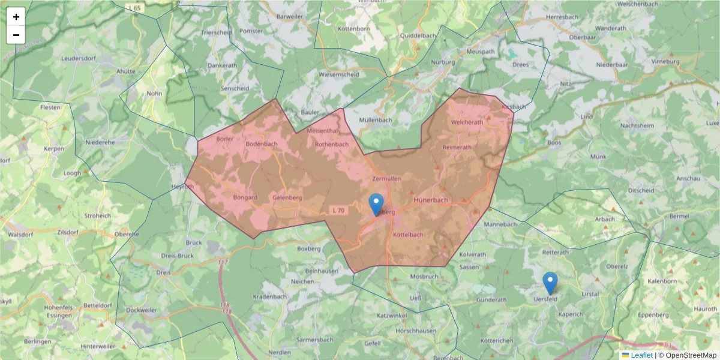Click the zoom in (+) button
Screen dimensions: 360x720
tap(16, 17)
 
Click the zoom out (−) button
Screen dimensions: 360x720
tap(16, 35)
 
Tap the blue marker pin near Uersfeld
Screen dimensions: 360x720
tap(550, 283)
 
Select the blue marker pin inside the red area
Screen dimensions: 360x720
tap(376, 205)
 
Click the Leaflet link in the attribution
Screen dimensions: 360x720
tap(641, 355)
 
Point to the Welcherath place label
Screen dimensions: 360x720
tap(466, 122)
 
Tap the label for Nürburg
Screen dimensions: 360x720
tap(443, 62)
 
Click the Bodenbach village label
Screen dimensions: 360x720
tap(262, 144)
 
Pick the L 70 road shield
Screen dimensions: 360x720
tap(339, 211)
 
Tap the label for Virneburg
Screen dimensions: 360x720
tap(665, 61)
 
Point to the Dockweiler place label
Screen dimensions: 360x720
tap(142, 310)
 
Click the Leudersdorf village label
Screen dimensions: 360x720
tap(79, 59)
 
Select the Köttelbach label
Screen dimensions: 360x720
tap(408, 235)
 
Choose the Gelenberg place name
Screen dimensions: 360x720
tap(287, 197)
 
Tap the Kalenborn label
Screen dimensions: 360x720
tap(662, 281)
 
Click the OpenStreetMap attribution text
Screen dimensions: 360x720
tap(691, 355)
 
